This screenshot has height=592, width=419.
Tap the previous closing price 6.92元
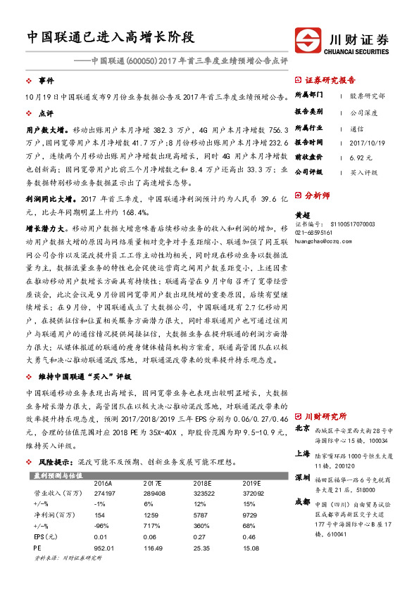(x=360, y=156)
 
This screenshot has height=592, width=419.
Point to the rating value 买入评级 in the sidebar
(x=364, y=172)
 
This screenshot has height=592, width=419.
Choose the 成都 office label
(x=302, y=502)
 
